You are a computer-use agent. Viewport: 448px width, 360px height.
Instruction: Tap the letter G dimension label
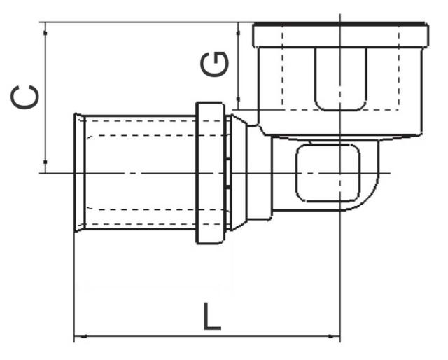pyautogui.click(x=214, y=65)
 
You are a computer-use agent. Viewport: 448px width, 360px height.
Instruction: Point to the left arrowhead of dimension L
pyautogui.click(x=78, y=338)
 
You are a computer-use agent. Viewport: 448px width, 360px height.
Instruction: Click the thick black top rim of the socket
pyautogui.click(x=339, y=26)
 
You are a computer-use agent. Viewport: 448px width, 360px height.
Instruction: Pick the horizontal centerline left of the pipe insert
pyautogui.click(x=56, y=173)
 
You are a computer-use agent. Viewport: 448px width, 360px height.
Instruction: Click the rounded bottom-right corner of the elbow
pyautogui.click(x=371, y=200)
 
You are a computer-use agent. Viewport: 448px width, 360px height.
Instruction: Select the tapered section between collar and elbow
pyautogui.click(x=239, y=173)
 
